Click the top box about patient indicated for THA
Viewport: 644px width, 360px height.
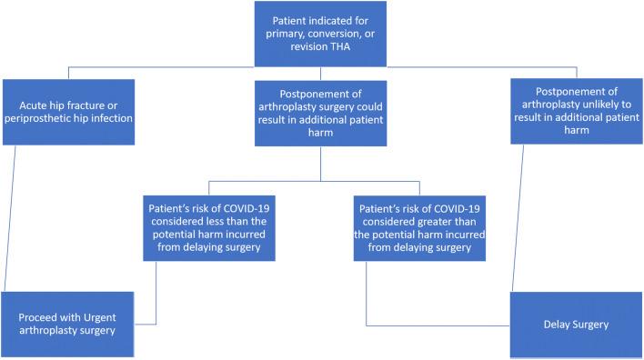321,34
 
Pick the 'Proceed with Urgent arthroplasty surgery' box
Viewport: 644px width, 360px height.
69,324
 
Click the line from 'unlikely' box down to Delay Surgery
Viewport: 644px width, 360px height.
521,218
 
